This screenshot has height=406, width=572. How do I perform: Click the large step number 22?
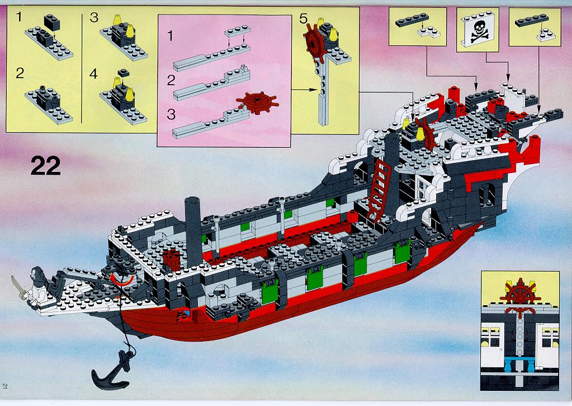pos(46,166)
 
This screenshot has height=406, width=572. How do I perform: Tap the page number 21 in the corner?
pos(4,386)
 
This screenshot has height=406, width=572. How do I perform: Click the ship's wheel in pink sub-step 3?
pos(257,102)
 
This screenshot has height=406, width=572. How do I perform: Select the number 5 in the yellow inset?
pos(303,19)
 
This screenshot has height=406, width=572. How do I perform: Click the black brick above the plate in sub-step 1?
pos(51,22)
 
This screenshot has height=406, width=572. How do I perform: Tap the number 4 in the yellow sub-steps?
pos(93,74)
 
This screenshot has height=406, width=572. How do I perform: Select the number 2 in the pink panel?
pos(171,80)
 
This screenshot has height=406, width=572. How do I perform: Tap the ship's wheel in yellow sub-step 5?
pos(315,43)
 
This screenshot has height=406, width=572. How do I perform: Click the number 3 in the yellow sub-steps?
pos(94,17)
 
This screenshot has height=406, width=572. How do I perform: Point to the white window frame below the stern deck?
pos(423,189)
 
